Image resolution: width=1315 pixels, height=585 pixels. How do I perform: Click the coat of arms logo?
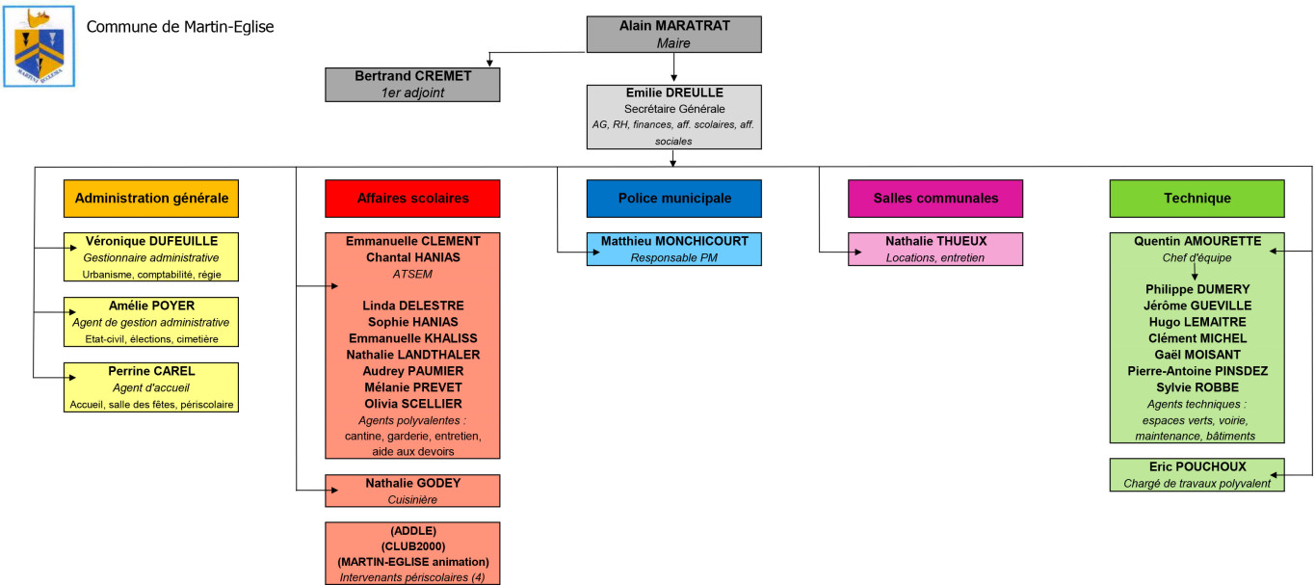click(39, 47)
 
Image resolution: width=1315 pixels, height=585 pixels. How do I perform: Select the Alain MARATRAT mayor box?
click(673, 34)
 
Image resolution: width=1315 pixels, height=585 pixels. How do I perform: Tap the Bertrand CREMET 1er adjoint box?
click(412, 84)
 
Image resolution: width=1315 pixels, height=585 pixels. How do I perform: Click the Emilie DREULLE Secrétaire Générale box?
click(673, 117)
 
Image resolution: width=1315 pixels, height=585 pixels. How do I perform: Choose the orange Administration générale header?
click(151, 199)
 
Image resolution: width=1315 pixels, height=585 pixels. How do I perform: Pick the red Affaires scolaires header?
click(412, 199)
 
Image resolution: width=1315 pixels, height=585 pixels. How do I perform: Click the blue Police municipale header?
click(673, 199)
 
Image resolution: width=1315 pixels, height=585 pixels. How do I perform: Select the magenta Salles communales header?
click(935, 199)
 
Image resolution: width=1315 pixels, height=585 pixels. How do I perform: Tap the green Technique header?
click(1197, 199)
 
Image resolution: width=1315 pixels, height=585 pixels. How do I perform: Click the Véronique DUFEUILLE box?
click(151, 256)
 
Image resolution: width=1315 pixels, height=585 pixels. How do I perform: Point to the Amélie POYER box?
click(151, 322)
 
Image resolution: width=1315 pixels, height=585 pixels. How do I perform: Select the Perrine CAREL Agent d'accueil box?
click(151, 387)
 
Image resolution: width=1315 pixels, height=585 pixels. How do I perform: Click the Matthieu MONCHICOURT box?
click(673, 249)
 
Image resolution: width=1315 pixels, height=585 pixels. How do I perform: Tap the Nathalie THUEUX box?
click(935, 249)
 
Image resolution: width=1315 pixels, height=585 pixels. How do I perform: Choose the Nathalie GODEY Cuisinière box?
click(412, 491)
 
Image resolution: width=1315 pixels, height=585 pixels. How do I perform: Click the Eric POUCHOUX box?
click(1197, 475)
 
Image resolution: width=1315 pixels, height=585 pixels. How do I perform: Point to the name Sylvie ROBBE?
click(1197, 387)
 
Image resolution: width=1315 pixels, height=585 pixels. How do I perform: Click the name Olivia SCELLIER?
click(412, 404)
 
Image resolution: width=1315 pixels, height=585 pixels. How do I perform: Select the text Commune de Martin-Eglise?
click(180, 27)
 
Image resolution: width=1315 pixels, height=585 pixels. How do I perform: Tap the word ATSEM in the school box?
click(412, 274)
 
